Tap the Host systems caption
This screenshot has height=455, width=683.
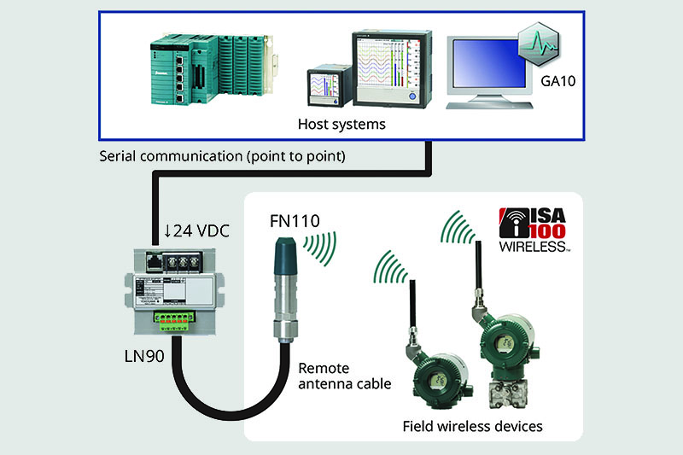(341, 125)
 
